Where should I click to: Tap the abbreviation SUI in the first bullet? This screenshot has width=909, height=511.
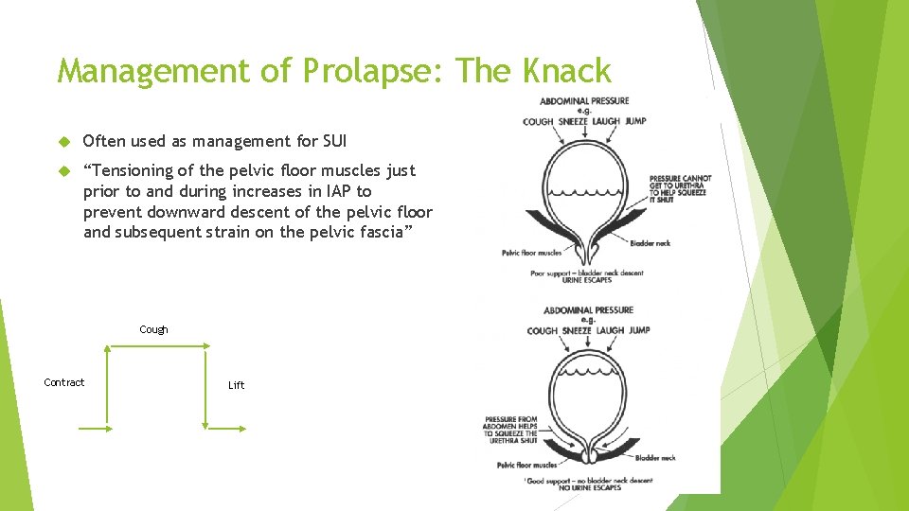coord(333,142)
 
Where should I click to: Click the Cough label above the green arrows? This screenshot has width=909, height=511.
coord(153,329)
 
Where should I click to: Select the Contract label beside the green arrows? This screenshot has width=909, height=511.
coord(64,382)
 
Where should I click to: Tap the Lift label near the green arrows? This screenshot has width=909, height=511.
coord(236,385)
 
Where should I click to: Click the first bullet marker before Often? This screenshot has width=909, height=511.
coord(64,142)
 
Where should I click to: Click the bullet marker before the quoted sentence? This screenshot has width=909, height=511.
coord(64,171)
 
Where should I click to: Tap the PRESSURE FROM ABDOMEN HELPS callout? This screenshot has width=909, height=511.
coord(510,430)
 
